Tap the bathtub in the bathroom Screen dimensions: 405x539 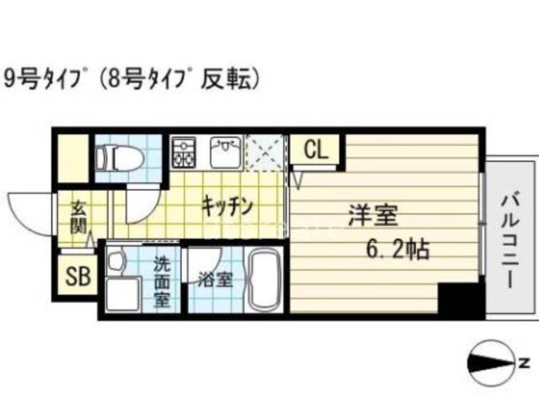click(261, 280)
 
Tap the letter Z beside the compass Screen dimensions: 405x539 click(522, 364)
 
